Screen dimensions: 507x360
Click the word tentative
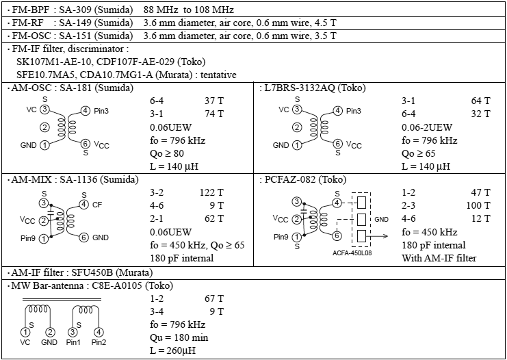tap(218, 75)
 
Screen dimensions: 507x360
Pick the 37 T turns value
tap(213, 101)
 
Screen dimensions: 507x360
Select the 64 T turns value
tap(481, 101)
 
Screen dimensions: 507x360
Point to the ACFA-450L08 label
tap(352, 253)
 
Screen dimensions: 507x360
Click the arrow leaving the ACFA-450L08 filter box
tap(378, 236)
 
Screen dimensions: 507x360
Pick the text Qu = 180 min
tap(179, 337)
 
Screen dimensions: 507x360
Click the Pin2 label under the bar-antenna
tap(98, 342)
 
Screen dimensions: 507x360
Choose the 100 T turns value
tap(478, 206)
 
